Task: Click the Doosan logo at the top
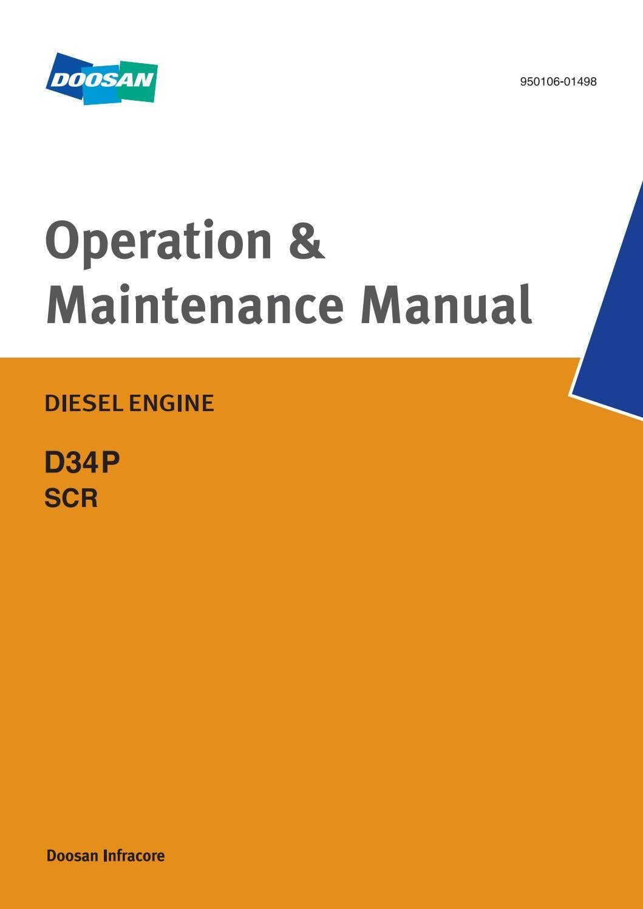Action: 101,78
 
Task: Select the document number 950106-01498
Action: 558,81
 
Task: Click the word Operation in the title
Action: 158,242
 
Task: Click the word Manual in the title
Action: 446,304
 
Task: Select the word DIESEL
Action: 84,403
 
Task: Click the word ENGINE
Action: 171,403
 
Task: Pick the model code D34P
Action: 82,463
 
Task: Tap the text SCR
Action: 71,498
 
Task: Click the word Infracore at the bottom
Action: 134,855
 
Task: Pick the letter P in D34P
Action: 111,463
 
